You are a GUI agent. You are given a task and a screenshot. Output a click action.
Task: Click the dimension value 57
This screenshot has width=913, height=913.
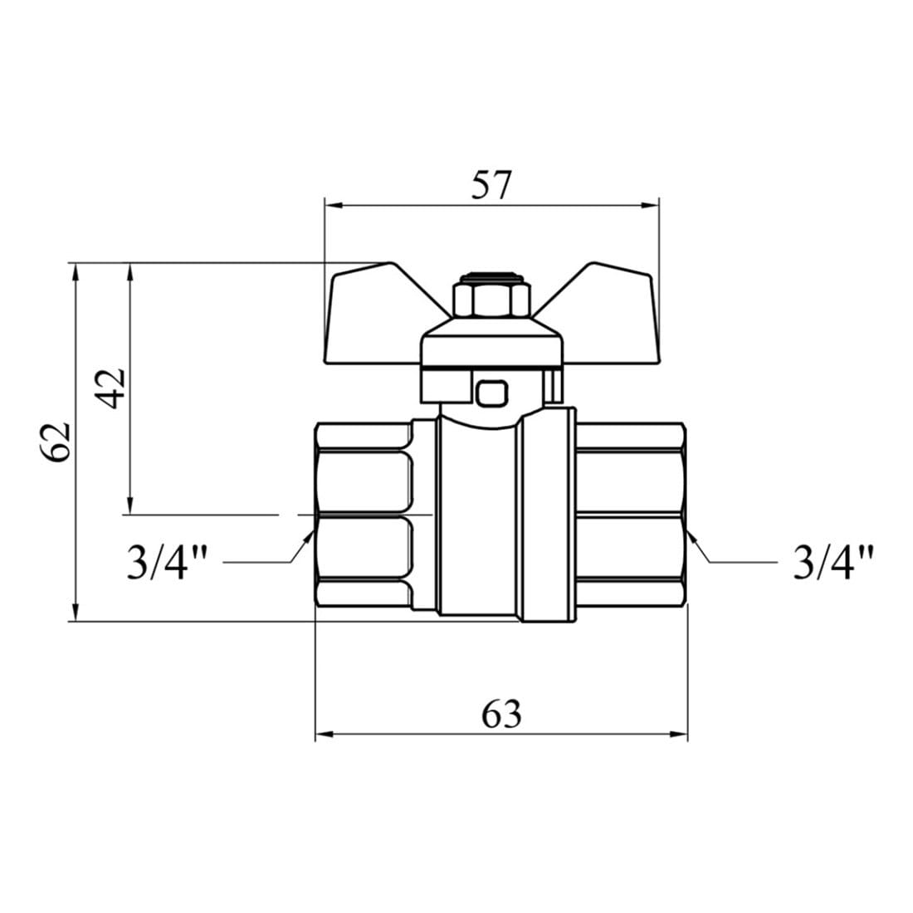click(491, 185)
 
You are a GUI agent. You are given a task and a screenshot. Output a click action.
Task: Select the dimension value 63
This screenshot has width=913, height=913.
click(501, 714)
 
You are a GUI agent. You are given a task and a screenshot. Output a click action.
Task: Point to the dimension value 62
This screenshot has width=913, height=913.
click(56, 442)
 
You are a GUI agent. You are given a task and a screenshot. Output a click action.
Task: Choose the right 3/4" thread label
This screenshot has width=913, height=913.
click(833, 562)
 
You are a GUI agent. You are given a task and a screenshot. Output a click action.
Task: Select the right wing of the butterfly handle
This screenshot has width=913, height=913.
click(600, 315)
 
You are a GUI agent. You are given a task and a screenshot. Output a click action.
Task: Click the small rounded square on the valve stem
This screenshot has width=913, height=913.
click(492, 393)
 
